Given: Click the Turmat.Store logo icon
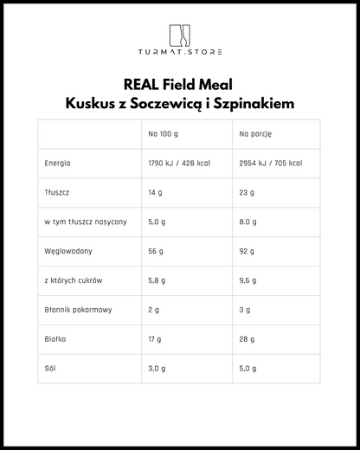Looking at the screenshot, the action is pos(179,35).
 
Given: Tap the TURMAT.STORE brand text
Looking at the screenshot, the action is pos(179,52).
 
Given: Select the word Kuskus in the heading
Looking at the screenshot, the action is pos(94,103).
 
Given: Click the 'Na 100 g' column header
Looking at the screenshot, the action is pos(164,134).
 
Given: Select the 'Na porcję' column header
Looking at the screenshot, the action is pos(254,134).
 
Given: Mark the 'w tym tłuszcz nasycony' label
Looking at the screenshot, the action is pos(85,222).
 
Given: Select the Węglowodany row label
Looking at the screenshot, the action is pos(67,251).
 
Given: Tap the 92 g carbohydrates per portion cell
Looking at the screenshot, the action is pos(247,251).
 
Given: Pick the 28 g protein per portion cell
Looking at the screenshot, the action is pos(247,339).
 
